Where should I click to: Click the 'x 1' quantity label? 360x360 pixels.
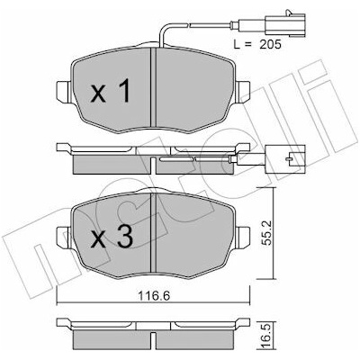[111, 90]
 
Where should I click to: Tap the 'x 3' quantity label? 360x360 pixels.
[112, 236]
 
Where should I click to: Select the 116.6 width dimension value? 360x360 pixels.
[154, 296]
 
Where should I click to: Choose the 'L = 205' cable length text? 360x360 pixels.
[257, 44]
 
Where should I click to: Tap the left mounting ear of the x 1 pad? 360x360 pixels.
[64, 92]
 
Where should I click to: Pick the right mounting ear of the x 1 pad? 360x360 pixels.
[242, 92]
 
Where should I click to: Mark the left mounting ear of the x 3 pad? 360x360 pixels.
[64, 238]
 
